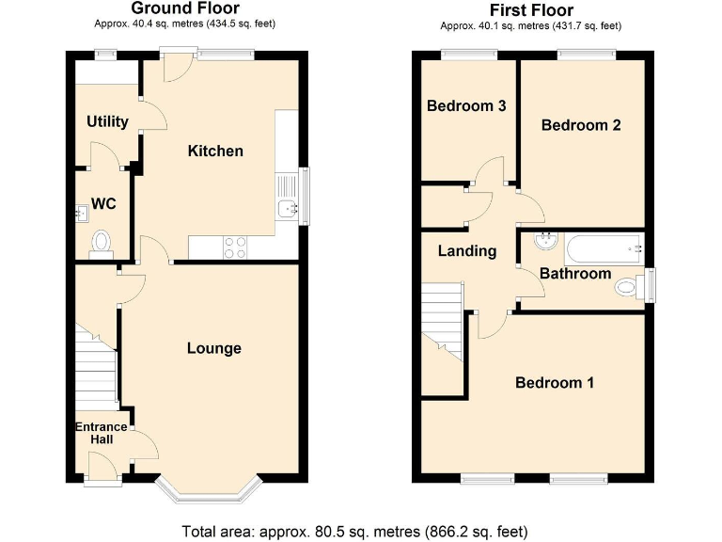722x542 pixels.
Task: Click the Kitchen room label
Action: point(215,151)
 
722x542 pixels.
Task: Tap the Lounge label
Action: point(213,348)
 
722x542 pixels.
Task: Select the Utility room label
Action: point(107,121)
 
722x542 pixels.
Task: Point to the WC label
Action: point(102,204)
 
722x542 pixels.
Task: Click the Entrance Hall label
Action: point(102,433)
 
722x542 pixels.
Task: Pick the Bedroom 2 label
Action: point(581,125)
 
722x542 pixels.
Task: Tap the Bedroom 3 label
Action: point(466,106)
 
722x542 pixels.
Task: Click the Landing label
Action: point(467,251)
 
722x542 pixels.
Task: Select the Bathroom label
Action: point(574,274)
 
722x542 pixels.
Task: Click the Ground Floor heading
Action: point(185,9)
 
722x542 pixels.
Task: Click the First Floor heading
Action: point(532,10)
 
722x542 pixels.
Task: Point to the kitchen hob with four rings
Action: point(234,247)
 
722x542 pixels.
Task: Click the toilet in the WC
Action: point(102,245)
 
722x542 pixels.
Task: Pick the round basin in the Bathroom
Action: point(544,241)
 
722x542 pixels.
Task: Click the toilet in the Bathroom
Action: point(631,285)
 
